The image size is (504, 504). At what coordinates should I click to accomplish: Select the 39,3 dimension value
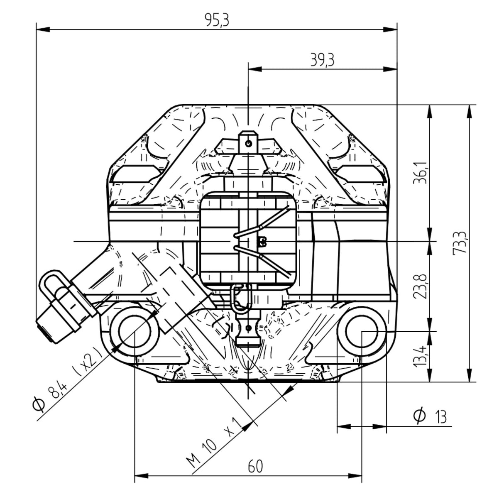[322, 60]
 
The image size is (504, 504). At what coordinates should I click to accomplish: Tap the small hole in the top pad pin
[248, 144]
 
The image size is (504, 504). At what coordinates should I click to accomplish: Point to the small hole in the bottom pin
[248, 328]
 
